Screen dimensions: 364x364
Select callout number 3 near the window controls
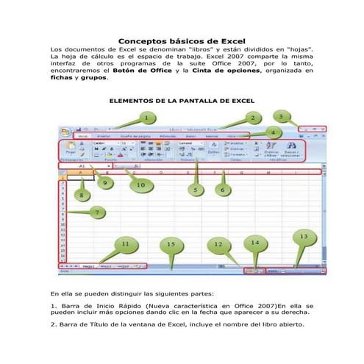[x=280, y=116]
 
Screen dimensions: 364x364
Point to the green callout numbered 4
[x=272, y=132]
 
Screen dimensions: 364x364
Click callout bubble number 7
[x=97, y=212]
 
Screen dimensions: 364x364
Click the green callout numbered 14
[x=255, y=242]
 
